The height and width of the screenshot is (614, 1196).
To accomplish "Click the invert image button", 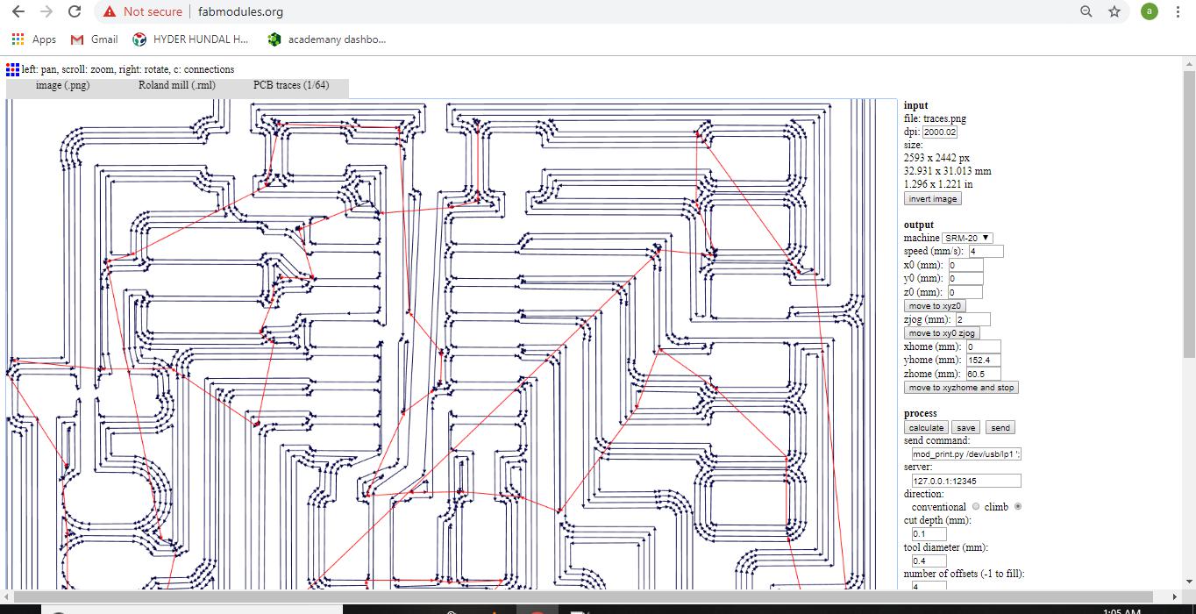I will [x=932, y=199].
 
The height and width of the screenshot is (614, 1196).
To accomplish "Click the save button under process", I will [x=965, y=428].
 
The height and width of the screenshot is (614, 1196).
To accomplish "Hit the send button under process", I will [x=1000, y=428].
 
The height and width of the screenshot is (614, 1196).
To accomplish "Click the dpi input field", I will [x=939, y=132].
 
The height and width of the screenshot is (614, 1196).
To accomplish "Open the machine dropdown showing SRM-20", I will [x=967, y=238].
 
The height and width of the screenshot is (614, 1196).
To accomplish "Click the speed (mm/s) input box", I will [x=985, y=252].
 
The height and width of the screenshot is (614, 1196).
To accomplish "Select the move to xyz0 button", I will [x=935, y=306].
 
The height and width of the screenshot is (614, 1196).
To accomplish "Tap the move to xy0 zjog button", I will [x=941, y=333].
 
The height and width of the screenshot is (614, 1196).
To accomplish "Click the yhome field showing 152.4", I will [x=982, y=361].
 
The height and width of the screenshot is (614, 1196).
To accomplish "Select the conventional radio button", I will [x=976, y=507].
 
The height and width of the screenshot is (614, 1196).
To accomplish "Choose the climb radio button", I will [x=1017, y=507].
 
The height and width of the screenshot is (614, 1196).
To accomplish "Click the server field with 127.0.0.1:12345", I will [x=965, y=481].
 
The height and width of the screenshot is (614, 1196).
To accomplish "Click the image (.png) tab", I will [x=62, y=85].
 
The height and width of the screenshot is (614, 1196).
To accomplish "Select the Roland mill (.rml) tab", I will [x=176, y=85].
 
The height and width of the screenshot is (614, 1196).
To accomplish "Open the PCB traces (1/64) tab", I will [x=291, y=85].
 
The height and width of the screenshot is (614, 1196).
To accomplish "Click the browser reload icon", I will [x=75, y=11].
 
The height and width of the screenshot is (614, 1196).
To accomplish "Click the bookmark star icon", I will [x=1114, y=11].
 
